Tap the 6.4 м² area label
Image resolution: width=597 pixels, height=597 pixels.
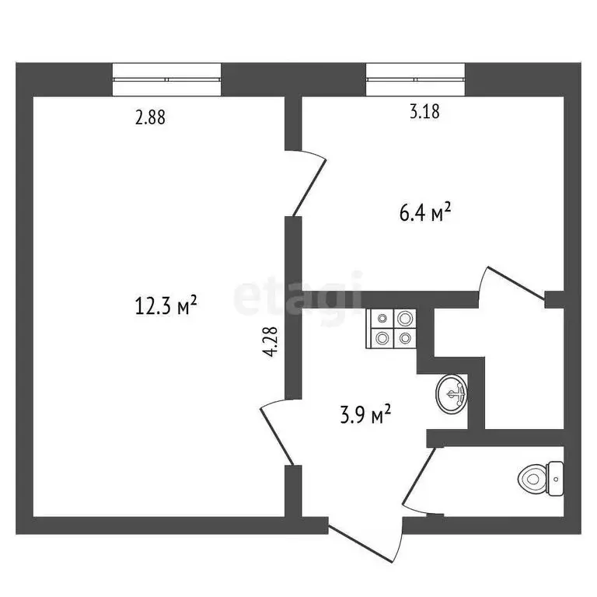coord(424,212)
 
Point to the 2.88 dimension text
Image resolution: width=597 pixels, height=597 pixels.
coord(151,118)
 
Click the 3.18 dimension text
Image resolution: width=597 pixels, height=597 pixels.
coord(424,111)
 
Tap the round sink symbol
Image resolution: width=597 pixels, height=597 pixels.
coord(451,393)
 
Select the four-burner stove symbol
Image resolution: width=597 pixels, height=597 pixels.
coord(391,327)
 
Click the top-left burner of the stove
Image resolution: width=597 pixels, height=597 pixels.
coord(382,318)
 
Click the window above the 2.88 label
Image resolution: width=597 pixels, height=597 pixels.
coord(167,79)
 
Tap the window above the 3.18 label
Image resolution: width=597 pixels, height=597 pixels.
coord(416,79)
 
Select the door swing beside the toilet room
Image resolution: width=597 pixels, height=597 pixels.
coord(417,482)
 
